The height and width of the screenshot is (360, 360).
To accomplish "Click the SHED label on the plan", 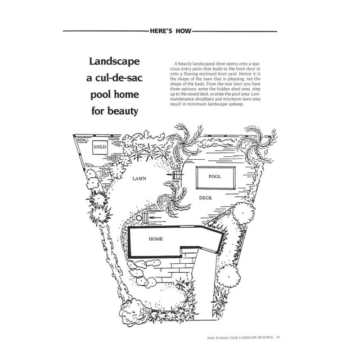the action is tap(100, 147).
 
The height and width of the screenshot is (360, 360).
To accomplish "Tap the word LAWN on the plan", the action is tap(139, 178).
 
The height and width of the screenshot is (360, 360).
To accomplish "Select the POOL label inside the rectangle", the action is tap(215, 176).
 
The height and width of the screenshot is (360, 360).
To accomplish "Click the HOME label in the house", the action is tap(156, 239).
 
